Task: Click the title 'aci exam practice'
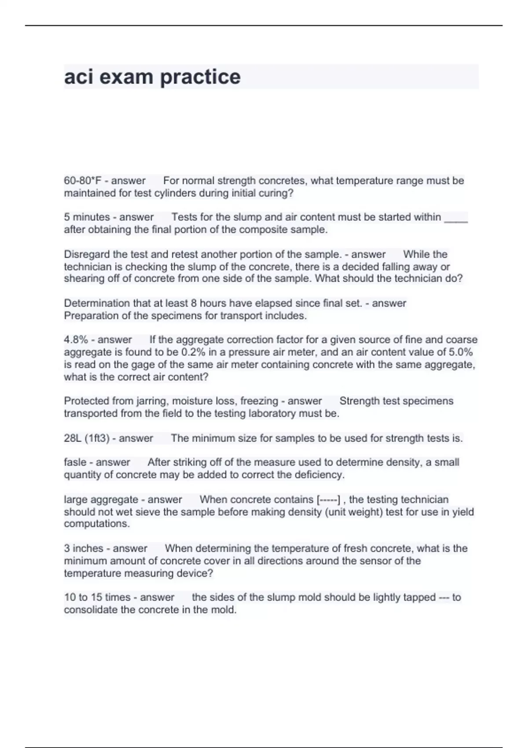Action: click(152, 77)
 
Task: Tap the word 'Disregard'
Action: click(87, 254)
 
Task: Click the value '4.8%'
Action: click(76, 340)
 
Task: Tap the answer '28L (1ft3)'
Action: click(87, 438)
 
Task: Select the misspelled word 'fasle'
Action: click(75, 462)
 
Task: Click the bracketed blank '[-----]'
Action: click(328, 500)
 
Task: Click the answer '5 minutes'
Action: click(87, 217)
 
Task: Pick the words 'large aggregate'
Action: click(101, 500)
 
